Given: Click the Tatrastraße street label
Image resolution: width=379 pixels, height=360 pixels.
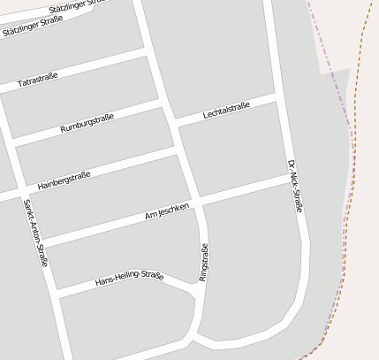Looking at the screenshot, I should pos(37,80).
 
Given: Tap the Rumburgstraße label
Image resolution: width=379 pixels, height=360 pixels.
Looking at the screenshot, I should pos(87,123).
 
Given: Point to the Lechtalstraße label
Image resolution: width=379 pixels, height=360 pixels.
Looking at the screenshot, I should pos(227,111).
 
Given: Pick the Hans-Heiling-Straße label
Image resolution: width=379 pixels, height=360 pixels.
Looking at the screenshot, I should pos(129,279).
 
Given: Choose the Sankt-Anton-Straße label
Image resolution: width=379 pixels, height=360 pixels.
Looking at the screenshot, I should pos(35,234).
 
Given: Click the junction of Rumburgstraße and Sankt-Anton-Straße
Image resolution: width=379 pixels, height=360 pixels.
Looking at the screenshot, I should pos(10,142).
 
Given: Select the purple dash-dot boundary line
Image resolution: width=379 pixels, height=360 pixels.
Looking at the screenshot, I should pos(340,97).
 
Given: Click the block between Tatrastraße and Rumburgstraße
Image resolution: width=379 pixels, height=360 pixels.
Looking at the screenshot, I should pos(80,96).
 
